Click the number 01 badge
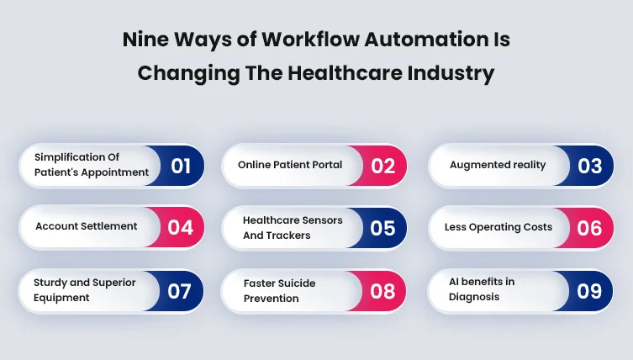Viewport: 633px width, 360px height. (x=177, y=166)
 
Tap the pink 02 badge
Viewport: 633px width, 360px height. (x=380, y=166)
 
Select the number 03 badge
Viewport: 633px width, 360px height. (x=587, y=166)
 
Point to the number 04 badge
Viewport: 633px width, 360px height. (x=177, y=227)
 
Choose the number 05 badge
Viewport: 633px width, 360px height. (x=380, y=228)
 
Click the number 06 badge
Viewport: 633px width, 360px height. (x=587, y=228)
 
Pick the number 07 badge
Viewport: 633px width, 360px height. (x=177, y=291)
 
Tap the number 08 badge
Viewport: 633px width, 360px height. (x=380, y=291)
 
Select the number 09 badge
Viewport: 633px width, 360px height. (x=586, y=291)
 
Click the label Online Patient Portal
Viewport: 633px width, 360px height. (x=290, y=165)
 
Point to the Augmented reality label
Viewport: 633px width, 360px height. (x=498, y=165)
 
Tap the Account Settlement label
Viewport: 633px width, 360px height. (x=87, y=226)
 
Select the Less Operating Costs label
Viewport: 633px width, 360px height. (x=498, y=227)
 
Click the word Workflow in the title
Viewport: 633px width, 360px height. (x=310, y=40)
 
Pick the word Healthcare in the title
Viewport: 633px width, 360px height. (x=345, y=73)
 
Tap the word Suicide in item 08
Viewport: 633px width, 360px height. (x=297, y=283)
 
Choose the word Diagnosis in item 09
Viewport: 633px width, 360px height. (x=474, y=297)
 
